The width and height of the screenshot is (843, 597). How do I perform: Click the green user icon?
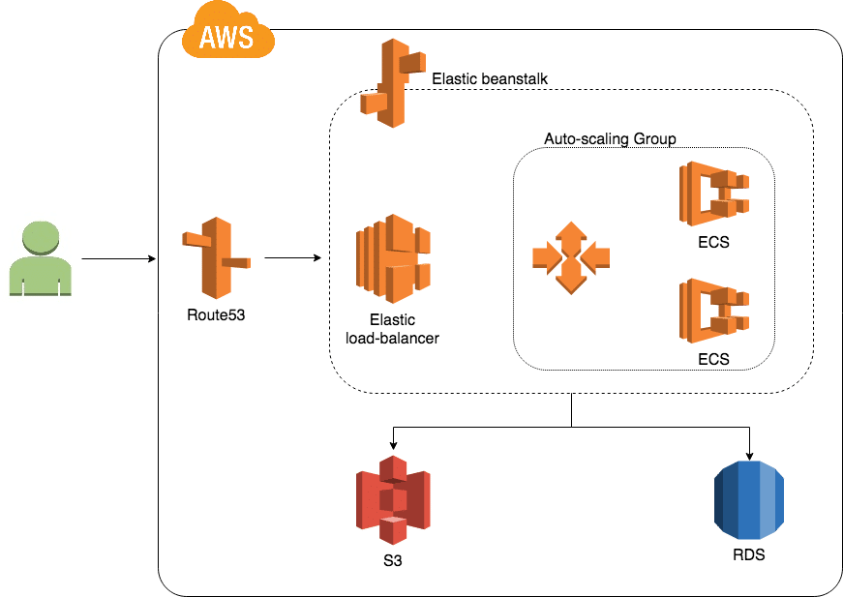tap(41, 258)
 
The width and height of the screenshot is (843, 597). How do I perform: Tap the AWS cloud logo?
tap(228, 35)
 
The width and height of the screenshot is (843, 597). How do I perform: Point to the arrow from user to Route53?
tap(118, 259)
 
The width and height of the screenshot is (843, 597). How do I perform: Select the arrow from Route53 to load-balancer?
tap(292, 258)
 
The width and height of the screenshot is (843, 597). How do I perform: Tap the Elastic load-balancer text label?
tap(392, 329)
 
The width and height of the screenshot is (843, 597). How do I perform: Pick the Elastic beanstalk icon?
tap(392, 83)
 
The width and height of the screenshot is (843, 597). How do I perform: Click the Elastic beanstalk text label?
tap(491, 77)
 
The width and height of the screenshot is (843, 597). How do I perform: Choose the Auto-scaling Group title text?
tap(610, 139)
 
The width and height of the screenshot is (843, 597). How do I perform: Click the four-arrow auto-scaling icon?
tap(571, 258)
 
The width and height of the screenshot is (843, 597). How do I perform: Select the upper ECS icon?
tap(714, 194)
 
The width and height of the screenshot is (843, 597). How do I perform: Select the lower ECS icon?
tap(714, 312)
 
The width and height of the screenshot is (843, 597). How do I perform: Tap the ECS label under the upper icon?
tap(713, 243)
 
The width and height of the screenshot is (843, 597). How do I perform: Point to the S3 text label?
tap(391, 560)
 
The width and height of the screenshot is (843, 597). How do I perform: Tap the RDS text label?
tap(748, 556)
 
